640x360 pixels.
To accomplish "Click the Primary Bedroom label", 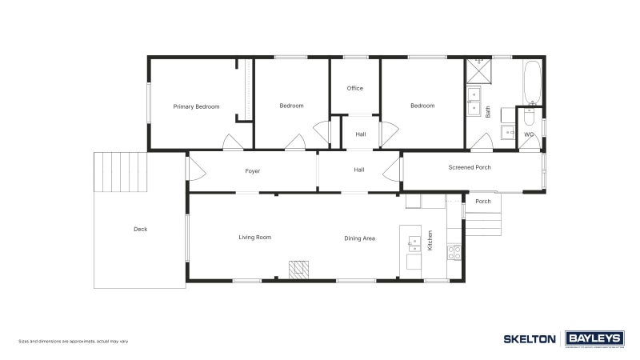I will pyautogui.click(x=197, y=106).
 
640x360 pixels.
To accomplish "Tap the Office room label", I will pyautogui.click(x=355, y=89).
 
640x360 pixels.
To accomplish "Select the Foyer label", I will pyautogui.click(x=252, y=171).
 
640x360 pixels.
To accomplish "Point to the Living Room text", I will pyautogui.click(x=255, y=238).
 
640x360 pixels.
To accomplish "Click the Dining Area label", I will pyautogui.click(x=359, y=238).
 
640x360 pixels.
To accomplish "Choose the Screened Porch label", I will pyautogui.click(x=470, y=168).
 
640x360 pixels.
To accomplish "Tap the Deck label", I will pyautogui.click(x=140, y=230).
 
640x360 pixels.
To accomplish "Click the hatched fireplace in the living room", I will pyautogui.click(x=299, y=269).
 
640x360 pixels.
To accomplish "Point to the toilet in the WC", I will pyautogui.click(x=528, y=119).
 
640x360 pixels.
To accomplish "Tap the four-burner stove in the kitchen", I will pyautogui.click(x=454, y=253).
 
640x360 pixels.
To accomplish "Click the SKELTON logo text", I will pyautogui.click(x=529, y=339).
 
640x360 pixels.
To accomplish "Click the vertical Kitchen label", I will pyautogui.click(x=430, y=239).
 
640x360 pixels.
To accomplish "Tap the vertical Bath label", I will pyautogui.click(x=488, y=112).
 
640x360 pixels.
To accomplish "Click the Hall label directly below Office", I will pyautogui.click(x=361, y=134).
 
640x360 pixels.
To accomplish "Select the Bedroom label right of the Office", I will pyautogui.click(x=422, y=106).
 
